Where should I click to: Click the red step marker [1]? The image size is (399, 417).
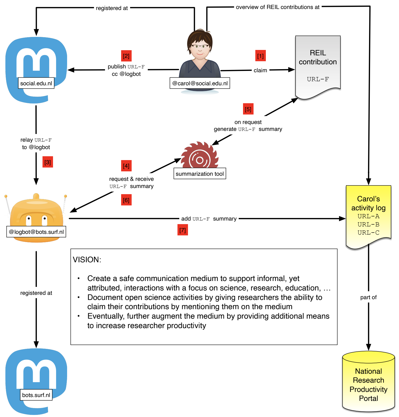point(260,56)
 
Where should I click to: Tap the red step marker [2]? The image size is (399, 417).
point(126,56)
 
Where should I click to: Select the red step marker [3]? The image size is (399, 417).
point(48,162)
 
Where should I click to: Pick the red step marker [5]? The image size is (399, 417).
point(248,109)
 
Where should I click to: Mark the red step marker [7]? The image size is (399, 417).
point(183,230)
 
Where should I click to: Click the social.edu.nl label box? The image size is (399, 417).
point(36,83)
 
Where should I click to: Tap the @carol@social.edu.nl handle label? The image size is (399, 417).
point(200,83)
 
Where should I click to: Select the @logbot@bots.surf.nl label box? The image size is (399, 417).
point(36,232)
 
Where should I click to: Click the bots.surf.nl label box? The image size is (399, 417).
point(36,395)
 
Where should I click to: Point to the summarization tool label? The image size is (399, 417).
point(200,174)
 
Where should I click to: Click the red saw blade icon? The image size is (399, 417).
point(200,155)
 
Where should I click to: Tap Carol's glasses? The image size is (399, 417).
point(200,46)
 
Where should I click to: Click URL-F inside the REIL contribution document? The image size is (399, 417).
point(318,79)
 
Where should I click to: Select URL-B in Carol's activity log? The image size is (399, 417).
point(368,224)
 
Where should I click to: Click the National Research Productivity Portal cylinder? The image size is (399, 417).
point(368,382)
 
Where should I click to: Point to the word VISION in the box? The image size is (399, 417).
point(87,259)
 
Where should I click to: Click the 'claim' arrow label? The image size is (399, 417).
point(260,70)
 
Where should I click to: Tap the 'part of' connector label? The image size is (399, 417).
point(368,297)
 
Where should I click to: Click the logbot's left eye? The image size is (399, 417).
point(29,218)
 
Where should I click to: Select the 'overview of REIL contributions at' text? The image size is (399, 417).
point(278,7)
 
